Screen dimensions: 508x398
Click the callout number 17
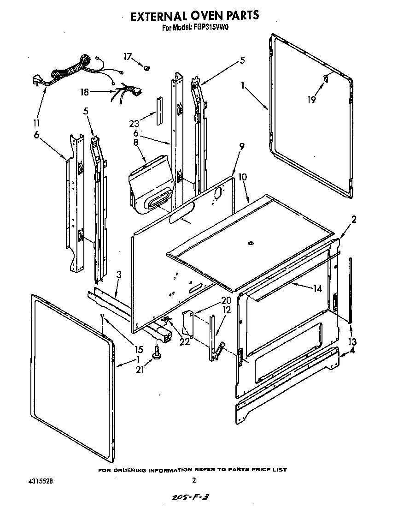pos(128,57)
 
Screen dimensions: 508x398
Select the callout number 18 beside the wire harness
pos(84,92)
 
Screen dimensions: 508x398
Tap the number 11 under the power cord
pos(36,123)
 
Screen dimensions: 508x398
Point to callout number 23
pos(135,123)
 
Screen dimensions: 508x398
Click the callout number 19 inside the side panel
pos(312,99)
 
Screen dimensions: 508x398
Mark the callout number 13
pos(352,342)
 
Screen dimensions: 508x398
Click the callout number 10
pos(243,176)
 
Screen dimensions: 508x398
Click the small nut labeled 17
pos(147,68)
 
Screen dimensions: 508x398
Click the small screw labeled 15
pos(102,315)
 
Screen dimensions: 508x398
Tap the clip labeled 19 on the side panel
pos(326,78)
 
